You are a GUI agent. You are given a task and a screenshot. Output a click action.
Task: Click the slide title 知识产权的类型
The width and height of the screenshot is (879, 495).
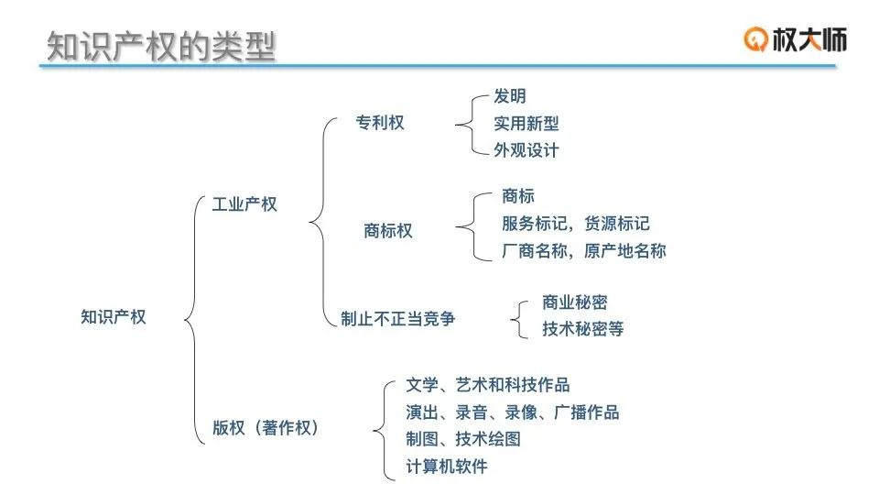pyautogui.click(x=161, y=46)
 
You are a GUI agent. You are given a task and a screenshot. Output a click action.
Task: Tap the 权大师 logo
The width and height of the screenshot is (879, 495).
pyautogui.click(x=795, y=38)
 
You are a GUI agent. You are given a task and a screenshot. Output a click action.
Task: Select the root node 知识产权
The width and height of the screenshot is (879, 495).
pyautogui.click(x=114, y=317)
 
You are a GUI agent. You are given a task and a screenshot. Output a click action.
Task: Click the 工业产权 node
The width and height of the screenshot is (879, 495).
pyautogui.click(x=244, y=204)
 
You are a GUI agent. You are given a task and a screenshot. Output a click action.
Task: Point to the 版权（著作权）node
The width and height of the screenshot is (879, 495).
pyautogui.click(x=266, y=427)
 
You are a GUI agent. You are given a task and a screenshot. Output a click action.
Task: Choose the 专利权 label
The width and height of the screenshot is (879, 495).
pyautogui.click(x=380, y=123)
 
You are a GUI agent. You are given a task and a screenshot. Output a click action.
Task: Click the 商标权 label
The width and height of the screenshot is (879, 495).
pyautogui.click(x=388, y=231)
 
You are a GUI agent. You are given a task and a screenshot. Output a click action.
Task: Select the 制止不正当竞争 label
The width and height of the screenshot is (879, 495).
pyautogui.click(x=397, y=319)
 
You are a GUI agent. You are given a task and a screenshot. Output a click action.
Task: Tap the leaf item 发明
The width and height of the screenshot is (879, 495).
pyautogui.click(x=510, y=96)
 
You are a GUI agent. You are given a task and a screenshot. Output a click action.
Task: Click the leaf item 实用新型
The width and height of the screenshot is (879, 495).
pyautogui.click(x=526, y=124)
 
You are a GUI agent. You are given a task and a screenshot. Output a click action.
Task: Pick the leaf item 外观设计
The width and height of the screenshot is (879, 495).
pyautogui.click(x=526, y=150)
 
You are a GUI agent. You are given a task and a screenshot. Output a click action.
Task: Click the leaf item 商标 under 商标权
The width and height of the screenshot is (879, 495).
pyautogui.click(x=518, y=196)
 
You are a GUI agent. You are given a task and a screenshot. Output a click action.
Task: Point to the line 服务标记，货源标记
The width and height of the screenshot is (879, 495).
pyautogui.click(x=576, y=224)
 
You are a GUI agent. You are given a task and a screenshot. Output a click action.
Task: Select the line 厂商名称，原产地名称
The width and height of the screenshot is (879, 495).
pyautogui.click(x=584, y=250)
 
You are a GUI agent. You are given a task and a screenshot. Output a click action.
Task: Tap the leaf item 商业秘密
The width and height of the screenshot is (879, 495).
pyautogui.click(x=574, y=302)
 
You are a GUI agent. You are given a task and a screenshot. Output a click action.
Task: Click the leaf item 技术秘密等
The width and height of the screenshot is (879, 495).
pyautogui.click(x=582, y=329)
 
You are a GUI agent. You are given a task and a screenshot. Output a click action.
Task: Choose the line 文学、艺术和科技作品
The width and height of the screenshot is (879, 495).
pyautogui.click(x=488, y=385)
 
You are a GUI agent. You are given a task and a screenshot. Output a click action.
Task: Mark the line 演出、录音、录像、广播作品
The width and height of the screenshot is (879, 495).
pyautogui.click(x=513, y=412)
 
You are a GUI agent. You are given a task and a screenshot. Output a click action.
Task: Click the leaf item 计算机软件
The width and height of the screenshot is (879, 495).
pyautogui.click(x=447, y=467)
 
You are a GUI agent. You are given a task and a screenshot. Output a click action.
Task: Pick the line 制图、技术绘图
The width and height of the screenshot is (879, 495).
pyautogui.click(x=463, y=439)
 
